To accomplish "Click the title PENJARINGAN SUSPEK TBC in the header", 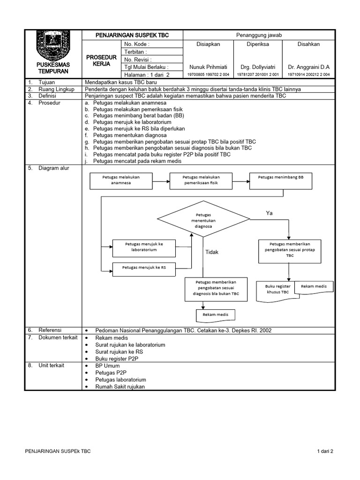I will [x=132, y=35].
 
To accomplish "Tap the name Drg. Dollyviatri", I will [x=258, y=67].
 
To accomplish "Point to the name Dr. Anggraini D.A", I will [x=309, y=67].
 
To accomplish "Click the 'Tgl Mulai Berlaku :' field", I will [x=146, y=67].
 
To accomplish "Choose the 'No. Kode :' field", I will [x=137, y=44].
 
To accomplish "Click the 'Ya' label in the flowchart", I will [x=269, y=213].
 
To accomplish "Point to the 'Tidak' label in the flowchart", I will [x=212, y=252].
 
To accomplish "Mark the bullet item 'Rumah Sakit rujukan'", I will [x=120, y=387].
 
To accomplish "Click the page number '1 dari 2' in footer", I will [x=324, y=451].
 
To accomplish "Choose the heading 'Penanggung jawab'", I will [x=258, y=35].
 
